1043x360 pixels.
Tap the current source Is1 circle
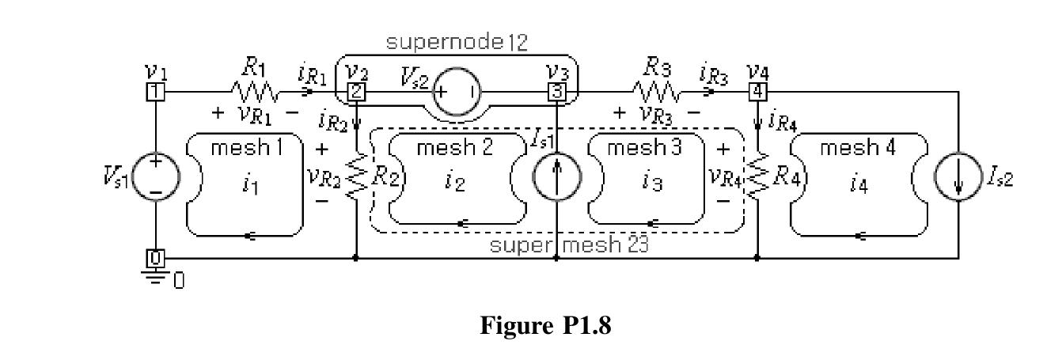[x=556, y=176]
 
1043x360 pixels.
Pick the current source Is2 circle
[x=958, y=176]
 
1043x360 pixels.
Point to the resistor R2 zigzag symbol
[x=357, y=176]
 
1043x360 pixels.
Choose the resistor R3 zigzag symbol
[x=655, y=92]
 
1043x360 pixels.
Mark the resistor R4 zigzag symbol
[x=757, y=176]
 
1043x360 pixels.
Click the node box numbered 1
[x=155, y=92]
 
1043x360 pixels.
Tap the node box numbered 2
[x=357, y=92]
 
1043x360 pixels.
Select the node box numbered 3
[x=556, y=92]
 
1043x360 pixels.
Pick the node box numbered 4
[x=757, y=92]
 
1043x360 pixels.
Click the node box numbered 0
[x=155, y=258]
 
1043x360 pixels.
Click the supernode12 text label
[x=456, y=43]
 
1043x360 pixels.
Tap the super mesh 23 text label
[x=569, y=244]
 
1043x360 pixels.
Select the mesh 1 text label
[x=246, y=148]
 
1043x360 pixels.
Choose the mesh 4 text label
[x=857, y=148]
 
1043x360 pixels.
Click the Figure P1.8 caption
[x=546, y=326]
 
